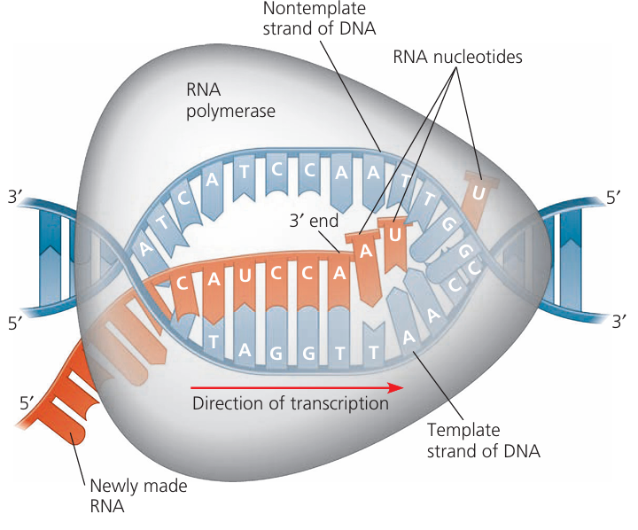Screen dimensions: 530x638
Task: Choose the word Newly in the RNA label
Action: pos(113,486)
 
